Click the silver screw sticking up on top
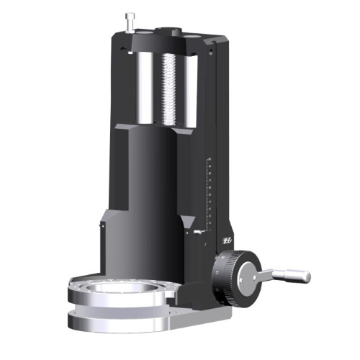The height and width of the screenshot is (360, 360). click(x=130, y=21)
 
